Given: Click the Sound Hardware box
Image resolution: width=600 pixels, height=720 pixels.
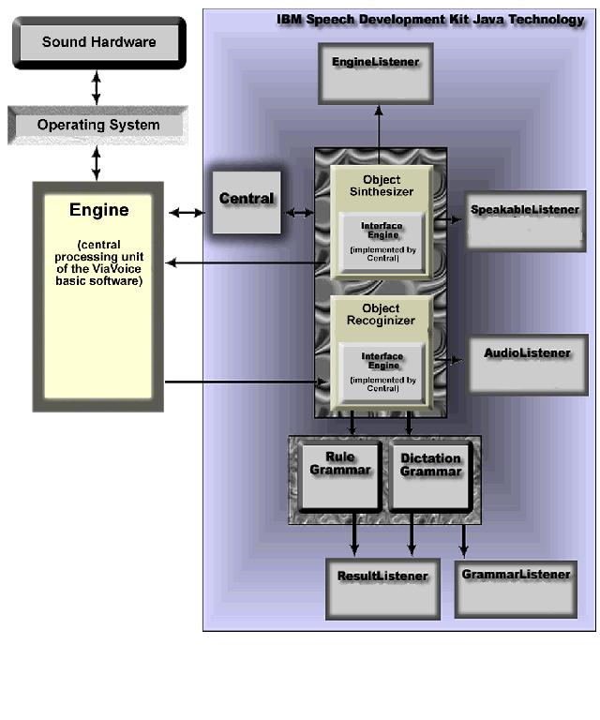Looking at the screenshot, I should (98, 42).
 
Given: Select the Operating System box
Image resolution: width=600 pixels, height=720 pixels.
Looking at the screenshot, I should (97, 125).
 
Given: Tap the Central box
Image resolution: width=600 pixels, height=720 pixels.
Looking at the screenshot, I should (247, 200).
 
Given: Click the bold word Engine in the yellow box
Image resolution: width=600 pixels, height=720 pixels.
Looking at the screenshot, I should (98, 209).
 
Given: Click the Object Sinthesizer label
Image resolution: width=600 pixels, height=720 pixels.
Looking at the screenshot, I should (381, 186).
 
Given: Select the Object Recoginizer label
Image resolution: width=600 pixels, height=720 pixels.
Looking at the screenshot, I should (381, 314).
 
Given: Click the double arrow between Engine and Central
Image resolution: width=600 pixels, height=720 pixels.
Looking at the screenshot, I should (187, 213).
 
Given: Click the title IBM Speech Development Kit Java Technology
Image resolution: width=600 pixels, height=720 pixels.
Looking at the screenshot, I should (430, 20).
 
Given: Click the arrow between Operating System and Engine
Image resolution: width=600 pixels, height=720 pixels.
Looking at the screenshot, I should (96, 163).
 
